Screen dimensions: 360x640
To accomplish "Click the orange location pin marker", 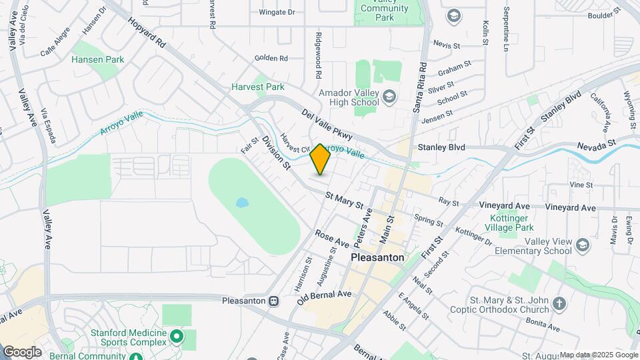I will [x=321, y=159].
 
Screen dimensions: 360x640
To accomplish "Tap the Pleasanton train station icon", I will [x=274, y=301].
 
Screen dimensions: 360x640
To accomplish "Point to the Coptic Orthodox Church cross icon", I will [x=559, y=304].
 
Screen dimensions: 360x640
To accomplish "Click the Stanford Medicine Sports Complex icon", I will [x=177, y=336].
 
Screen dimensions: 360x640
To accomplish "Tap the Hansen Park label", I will [x=98, y=60].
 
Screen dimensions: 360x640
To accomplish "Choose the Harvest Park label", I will [x=258, y=87].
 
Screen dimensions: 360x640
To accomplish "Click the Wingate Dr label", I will [x=277, y=12].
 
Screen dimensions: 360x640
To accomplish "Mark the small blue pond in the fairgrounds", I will [x=241, y=201].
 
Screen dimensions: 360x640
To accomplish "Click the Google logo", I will [x=22, y=351].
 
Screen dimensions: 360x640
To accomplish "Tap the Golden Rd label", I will [x=271, y=59].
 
